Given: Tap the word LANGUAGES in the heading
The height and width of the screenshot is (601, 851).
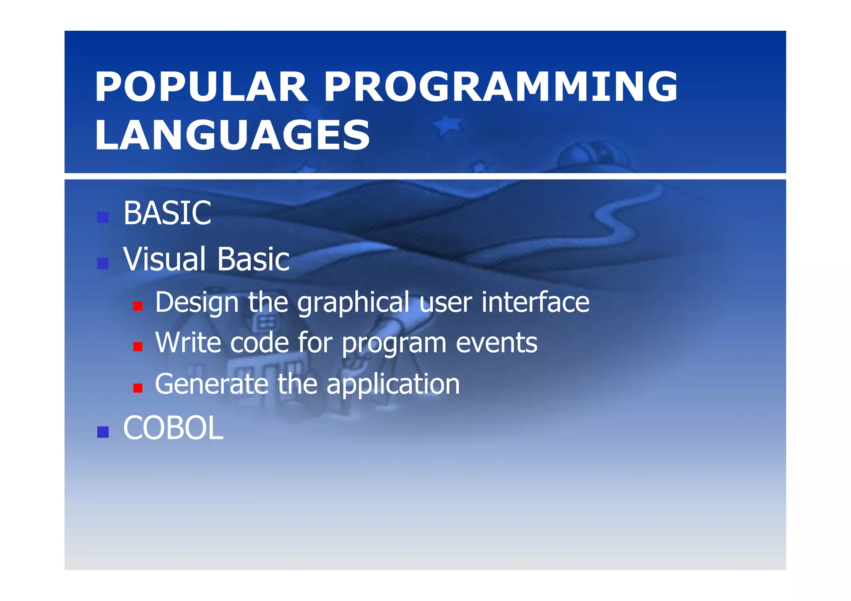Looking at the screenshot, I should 232,135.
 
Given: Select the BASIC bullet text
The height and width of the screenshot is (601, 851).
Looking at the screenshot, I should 167,213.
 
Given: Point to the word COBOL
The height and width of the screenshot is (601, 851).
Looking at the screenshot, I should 173,428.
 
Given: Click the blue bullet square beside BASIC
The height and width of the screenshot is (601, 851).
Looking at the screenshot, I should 103,217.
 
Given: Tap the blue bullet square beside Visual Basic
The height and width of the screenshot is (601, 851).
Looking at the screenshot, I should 103,263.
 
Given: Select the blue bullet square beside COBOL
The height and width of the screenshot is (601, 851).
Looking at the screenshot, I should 103,432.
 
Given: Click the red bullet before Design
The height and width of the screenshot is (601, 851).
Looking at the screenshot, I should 138,307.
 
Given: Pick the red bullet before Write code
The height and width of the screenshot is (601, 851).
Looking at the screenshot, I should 138,347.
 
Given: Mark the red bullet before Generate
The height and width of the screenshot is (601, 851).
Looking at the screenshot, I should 138,388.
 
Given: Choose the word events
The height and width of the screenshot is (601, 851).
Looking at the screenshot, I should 497,343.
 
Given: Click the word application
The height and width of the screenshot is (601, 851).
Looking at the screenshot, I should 393,385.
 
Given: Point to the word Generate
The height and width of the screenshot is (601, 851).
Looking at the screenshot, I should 212,384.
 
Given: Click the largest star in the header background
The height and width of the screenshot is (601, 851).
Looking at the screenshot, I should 447,124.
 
